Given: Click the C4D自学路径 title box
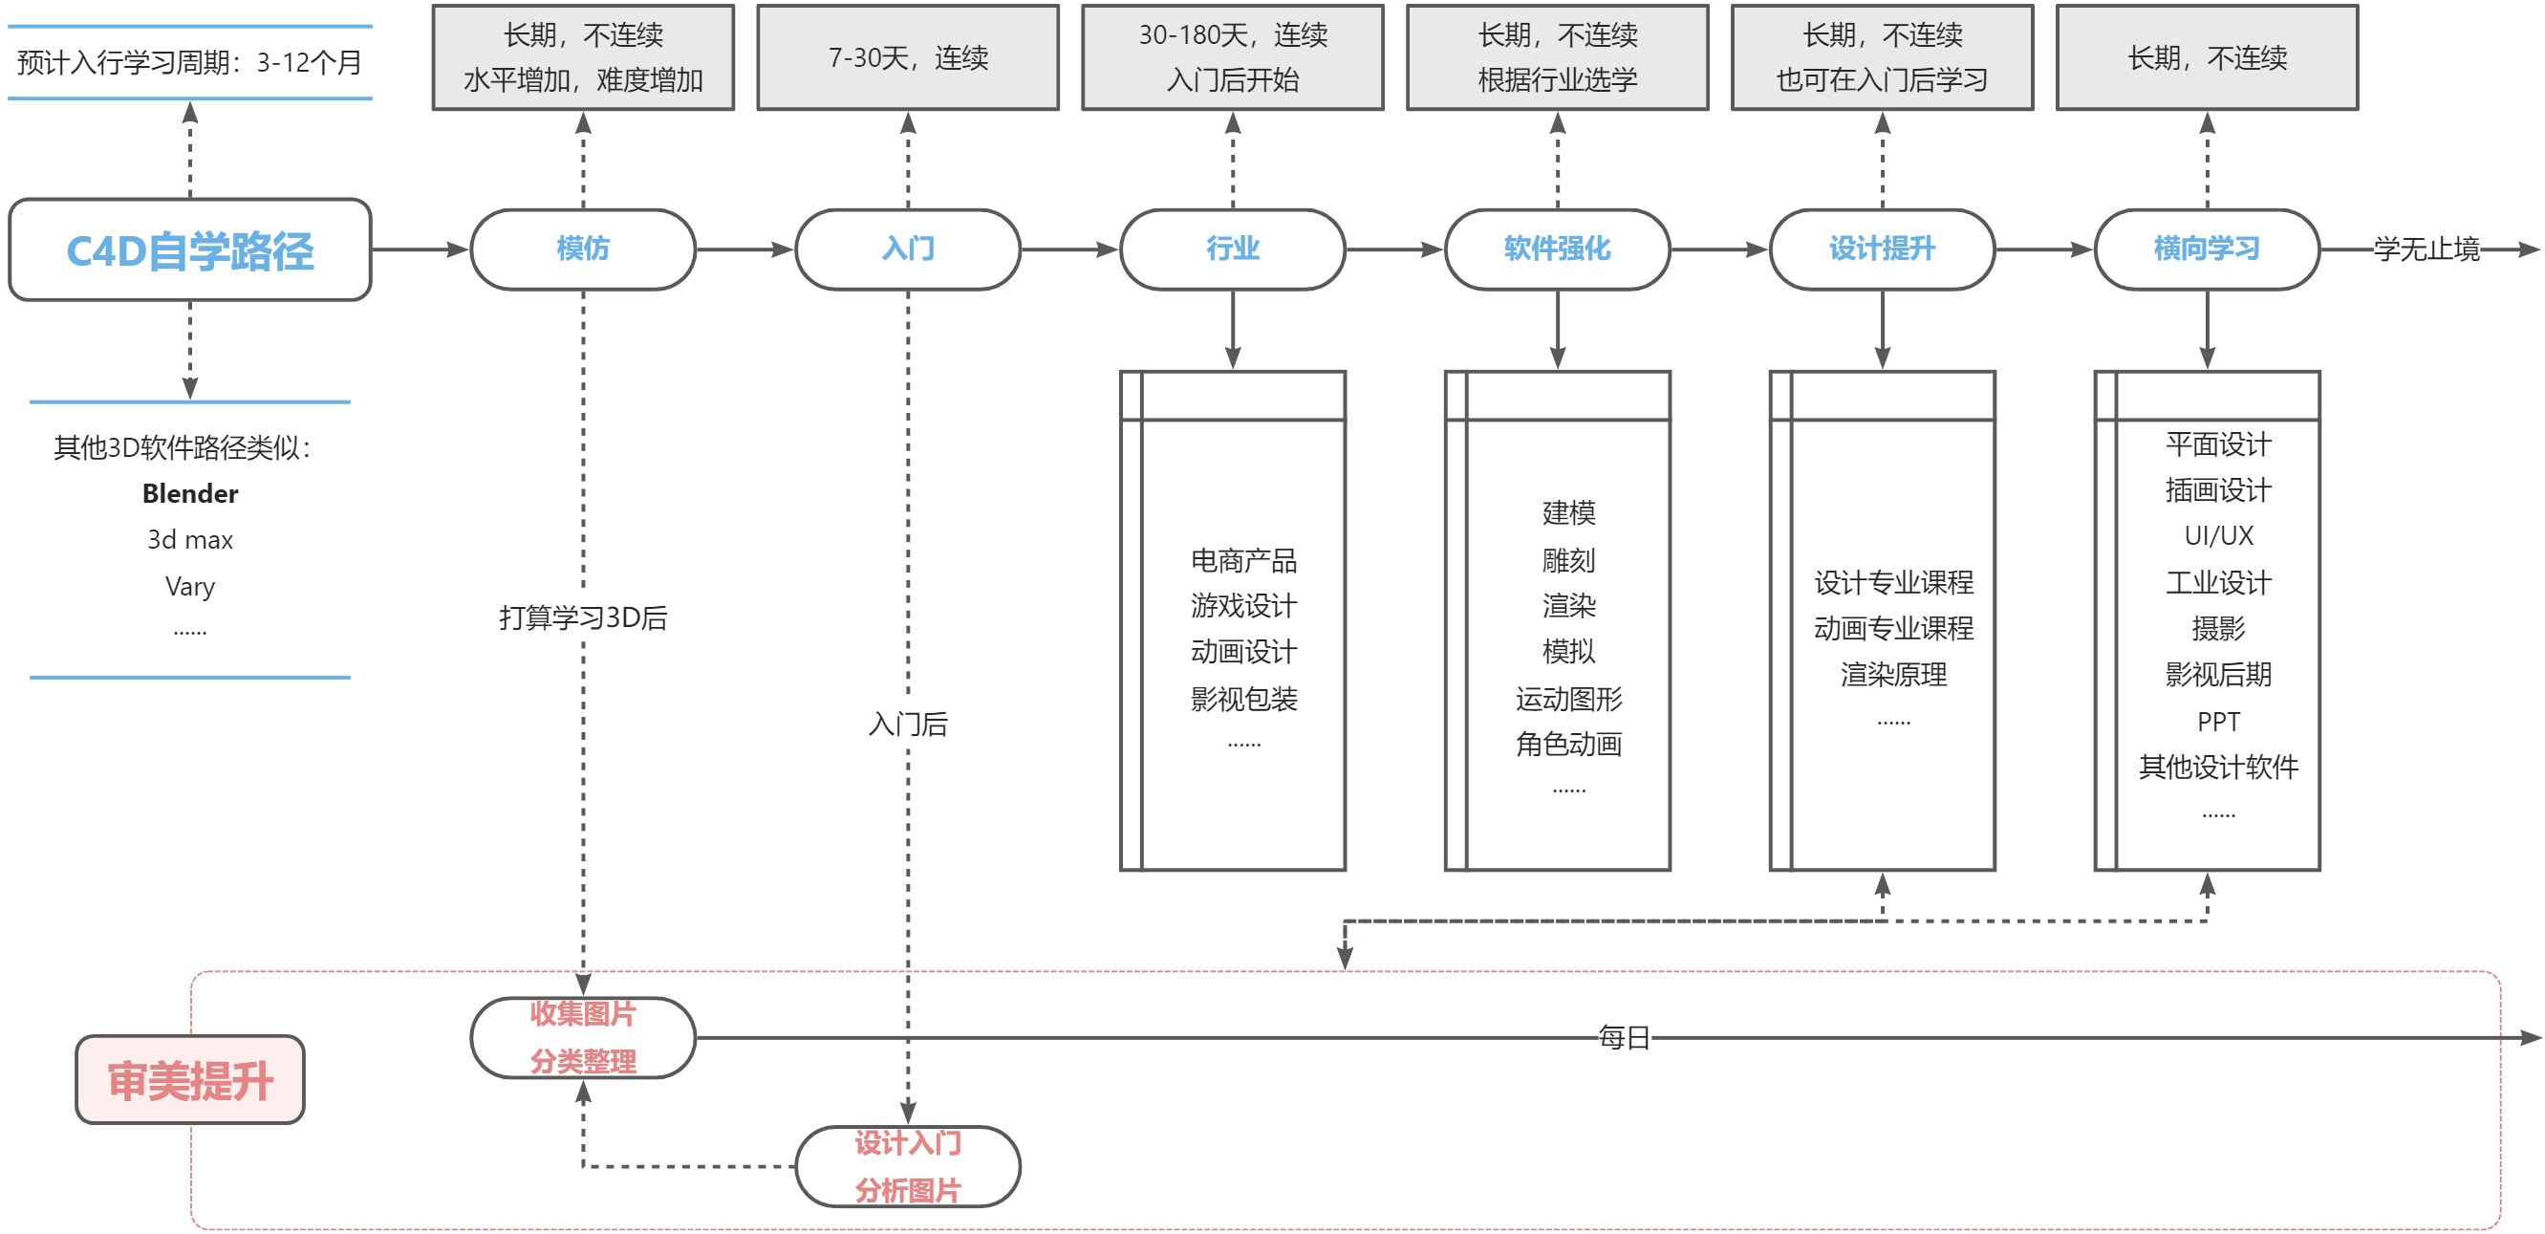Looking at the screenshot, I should (x=189, y=250).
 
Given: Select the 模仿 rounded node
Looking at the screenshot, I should (x=583, y=249).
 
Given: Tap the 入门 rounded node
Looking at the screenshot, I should (x=907, y=249).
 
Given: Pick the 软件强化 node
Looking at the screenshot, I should (x=1557, y=249).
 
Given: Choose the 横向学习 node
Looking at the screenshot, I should (x=2206, y=249).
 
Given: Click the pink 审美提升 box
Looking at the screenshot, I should (x=189, y=1080).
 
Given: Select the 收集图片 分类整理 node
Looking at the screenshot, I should (x=583, y=1037).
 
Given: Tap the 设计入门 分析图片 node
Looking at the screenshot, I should (x=907, y=1167).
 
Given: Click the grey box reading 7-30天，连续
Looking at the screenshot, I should (x=907, y=57).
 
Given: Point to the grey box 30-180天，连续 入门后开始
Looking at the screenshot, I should (x=1232, y=57).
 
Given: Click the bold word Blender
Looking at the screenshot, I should (x=189, y=493).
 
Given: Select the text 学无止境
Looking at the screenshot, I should (x=2426, y=249).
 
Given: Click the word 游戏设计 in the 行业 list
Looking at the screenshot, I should (x=1242, y=606).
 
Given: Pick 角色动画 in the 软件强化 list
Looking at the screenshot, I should (x=1568, y=744).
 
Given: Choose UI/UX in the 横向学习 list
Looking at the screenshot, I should (x=2218, y=535).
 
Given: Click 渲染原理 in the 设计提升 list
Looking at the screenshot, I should (x=1893, y=675).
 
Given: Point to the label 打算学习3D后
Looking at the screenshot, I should (x=583, y=617).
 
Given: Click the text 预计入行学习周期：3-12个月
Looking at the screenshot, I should (x=189, y=62).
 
